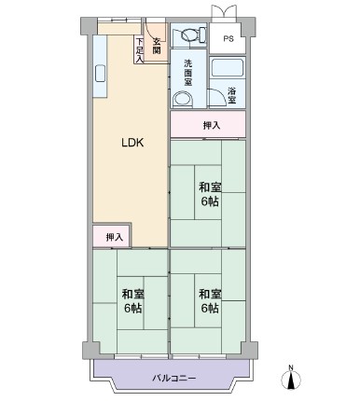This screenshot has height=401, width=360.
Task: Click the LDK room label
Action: click(132, 143)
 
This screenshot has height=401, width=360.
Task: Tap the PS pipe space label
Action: click(228, 39)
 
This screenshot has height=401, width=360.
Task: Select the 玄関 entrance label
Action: click(157, 46)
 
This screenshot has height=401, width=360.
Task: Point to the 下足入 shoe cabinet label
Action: click(140, 49)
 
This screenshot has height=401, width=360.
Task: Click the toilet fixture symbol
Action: click(190, 34)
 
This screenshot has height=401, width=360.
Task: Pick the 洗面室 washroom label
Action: click(188, 73)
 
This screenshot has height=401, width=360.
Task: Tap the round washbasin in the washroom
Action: click(183, 99)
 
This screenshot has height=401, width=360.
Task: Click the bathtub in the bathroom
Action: click(228, 68)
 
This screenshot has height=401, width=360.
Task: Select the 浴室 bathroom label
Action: click(232, 95)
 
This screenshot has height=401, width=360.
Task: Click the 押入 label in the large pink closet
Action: click(212, 125)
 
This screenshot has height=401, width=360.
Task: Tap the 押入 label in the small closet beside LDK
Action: click(115, 237)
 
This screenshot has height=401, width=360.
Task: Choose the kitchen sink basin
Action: click(100, 74)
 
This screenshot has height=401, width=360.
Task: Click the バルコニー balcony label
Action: click(174, 379)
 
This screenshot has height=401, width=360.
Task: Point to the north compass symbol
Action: click(291, 380)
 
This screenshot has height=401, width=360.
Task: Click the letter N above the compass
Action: click(291, 368)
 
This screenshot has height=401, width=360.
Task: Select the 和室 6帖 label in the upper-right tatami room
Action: click(210, 195)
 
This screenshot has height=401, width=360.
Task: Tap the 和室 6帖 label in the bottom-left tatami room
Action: click(133, 301)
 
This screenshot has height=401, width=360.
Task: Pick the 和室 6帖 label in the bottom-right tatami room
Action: click(210, 301)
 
